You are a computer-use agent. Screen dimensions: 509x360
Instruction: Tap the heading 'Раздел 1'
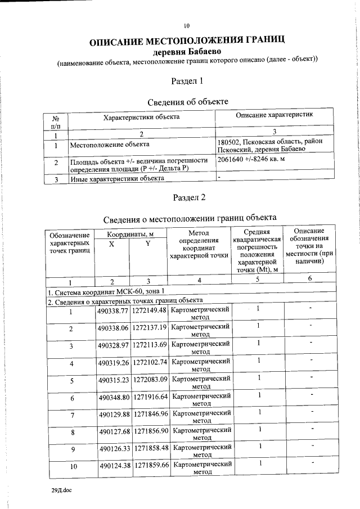[187, 81]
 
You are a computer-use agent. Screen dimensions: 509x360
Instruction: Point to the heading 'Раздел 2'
[187, 197]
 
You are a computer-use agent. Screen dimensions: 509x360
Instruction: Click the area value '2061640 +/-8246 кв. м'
[251, 160]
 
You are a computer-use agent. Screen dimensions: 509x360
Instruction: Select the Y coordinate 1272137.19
[149, 328]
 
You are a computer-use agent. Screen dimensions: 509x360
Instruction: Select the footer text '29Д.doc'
[61, 490]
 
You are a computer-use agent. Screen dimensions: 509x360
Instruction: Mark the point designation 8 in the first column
[71, 433]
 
